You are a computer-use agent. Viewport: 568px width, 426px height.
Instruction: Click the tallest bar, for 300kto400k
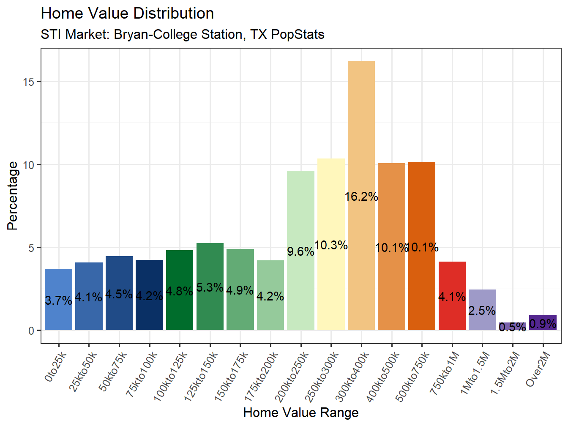click(x=361, y=127)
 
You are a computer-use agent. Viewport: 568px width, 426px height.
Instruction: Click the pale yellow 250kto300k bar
click(x=331, y=203)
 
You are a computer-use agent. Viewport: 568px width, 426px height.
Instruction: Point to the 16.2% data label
click(x=361, y=197)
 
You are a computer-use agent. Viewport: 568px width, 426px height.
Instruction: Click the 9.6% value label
click(x=300, y=251)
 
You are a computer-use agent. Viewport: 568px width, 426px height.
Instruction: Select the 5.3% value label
click(x=210, y=287)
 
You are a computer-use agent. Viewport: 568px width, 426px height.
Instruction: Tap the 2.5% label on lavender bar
click(x=482, y=311)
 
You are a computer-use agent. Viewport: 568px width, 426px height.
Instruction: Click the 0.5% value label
click(x=512, y=327)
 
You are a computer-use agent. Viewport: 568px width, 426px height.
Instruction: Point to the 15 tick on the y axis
click(x=28, y=82)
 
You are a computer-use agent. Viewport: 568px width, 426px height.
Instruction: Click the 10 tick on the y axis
click(x=28, y=165)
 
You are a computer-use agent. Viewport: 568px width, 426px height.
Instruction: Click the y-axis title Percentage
click(x=13, y=196)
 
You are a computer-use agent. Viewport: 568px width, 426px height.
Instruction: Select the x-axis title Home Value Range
click(x=301, y=412)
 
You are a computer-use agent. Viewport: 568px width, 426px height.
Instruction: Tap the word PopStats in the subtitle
click(x=298, y=34)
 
